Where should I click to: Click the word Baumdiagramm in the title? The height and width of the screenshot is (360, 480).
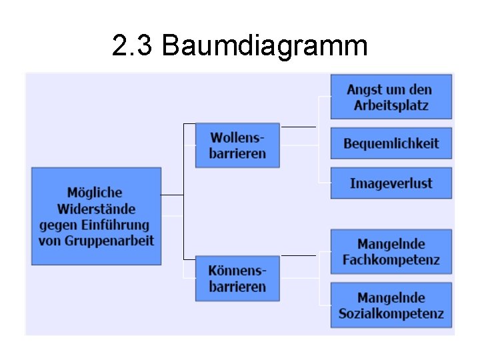[265, 46]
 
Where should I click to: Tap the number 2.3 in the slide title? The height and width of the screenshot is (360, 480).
[133, 46]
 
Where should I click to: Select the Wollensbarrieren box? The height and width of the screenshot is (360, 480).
[237, 145]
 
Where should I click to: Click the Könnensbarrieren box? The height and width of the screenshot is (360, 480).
[237, 279]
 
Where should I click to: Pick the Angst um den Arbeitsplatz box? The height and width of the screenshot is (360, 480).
[391, 97]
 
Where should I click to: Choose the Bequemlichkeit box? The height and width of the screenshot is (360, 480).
[391, 143]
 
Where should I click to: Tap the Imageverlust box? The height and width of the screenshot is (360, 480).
[391, 183]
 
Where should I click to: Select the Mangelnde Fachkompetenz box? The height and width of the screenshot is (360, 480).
[391, 251]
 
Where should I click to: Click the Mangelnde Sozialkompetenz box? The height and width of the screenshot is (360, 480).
[391, 305]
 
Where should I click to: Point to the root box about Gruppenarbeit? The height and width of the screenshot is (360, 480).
[96, 216]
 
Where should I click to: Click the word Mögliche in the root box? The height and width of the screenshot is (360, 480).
[95, 193]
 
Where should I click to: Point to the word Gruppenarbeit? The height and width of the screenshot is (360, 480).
[109, 241]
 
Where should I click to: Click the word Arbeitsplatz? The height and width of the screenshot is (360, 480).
[391, 105]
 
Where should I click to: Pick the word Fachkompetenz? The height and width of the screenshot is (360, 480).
[391, 260]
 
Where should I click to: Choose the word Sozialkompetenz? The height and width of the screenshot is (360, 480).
[391, 314]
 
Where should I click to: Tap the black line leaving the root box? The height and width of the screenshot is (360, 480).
[172, 195]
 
